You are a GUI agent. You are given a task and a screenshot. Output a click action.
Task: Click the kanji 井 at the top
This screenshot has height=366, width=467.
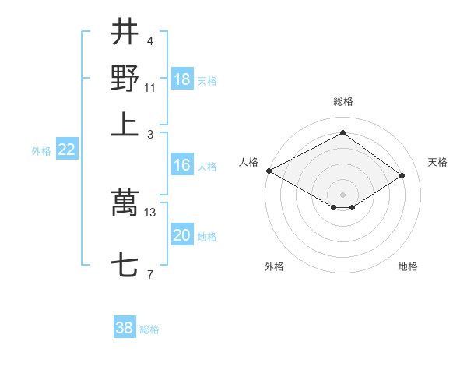(x=125, y=33)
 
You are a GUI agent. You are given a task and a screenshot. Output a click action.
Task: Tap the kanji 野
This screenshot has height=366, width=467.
(x=125, y=79)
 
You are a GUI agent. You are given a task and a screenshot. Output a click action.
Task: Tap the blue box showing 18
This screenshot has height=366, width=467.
(x=182, y=80)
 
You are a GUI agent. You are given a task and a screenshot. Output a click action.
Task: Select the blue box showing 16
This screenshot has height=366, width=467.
(x=182, y=165)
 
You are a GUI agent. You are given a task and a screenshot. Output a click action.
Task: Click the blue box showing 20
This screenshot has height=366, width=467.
(x=182, y=236)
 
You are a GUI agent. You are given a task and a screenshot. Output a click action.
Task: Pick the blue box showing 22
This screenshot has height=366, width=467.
(x=66, y=150)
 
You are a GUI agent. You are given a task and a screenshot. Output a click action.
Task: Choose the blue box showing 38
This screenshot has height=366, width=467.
(x=125, y=328)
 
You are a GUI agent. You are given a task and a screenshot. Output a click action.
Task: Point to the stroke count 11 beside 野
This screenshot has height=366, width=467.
(x=150, y=86)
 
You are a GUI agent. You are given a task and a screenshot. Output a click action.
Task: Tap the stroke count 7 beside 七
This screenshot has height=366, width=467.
(x=150, y=274)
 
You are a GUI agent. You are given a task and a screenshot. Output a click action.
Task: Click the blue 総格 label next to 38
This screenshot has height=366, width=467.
(x=149, y=329)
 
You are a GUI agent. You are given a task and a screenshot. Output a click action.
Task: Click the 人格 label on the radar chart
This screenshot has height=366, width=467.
(x=248, y=162)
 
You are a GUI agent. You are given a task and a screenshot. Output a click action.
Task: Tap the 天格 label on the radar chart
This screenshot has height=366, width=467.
(x=437, y=162)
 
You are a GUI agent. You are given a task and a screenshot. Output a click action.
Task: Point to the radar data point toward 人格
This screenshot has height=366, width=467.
(x=269, y=171)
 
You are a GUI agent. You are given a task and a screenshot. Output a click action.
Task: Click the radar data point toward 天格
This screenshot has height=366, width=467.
(x=402, y=176)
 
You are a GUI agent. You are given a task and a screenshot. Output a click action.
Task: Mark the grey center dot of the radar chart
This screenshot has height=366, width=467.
(x=342, y=193)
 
